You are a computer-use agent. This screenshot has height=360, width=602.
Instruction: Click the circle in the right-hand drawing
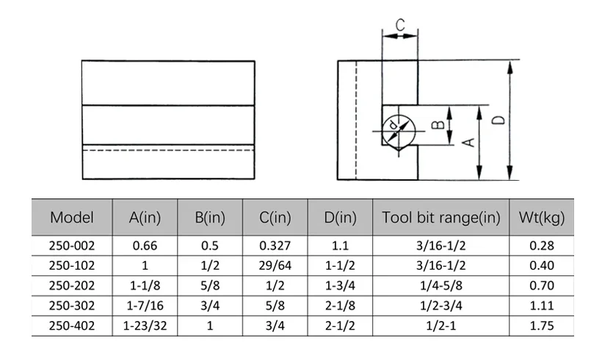point(399,131)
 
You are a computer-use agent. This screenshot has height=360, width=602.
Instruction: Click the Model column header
point(71,217)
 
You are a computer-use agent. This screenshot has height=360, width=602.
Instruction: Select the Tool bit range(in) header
point(441,217)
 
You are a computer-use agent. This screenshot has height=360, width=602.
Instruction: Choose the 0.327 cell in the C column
point(275,246)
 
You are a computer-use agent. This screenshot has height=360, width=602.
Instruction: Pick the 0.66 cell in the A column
point(145,246)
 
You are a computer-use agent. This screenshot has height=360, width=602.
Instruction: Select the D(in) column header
point(340,217)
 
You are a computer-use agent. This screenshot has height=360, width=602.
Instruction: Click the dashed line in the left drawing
point(168,150)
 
